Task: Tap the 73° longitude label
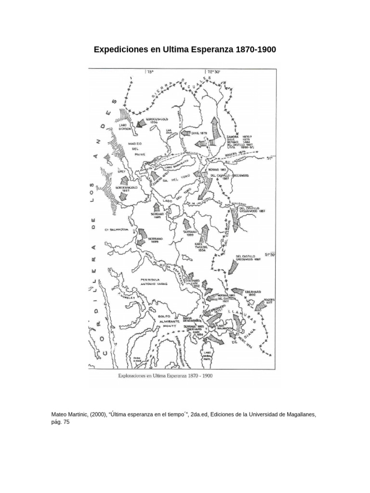tap(149, 72)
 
